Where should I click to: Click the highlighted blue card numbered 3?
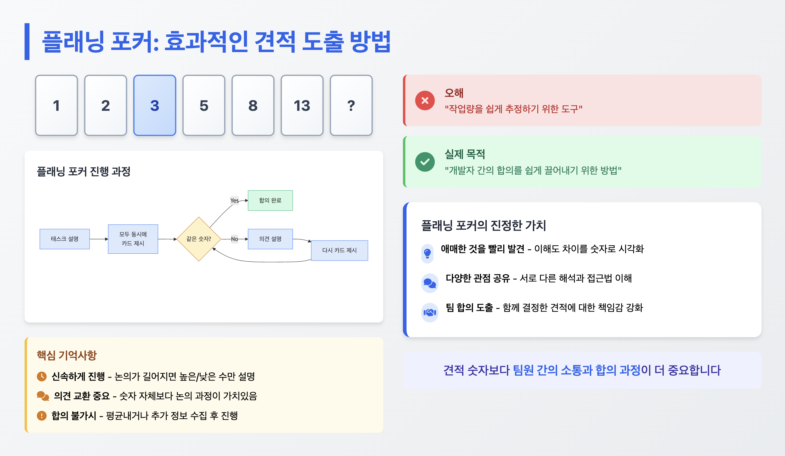[155, 105]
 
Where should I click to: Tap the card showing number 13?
[302, 105]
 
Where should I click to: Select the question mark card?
[351, 105]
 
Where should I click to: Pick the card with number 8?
[253, 105]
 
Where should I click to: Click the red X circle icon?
[425, 100]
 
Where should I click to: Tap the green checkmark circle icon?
[425, 162]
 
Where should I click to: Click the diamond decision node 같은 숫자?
[199, 239]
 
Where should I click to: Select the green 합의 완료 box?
[270, 200]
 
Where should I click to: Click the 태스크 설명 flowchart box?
[64, 239]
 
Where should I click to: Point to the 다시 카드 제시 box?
[339, 250]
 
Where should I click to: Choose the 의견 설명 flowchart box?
[270, 239]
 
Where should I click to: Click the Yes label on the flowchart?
[234, 201]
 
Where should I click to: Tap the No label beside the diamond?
[234, 239]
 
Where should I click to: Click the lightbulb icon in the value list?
[427, 253]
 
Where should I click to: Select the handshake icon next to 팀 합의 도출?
[430, 312]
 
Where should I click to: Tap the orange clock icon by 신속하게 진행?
[42, 376]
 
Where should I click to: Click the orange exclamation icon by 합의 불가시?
[42, 416]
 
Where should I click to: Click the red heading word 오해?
[454, 93]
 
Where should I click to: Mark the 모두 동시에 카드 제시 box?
[133, 239]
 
